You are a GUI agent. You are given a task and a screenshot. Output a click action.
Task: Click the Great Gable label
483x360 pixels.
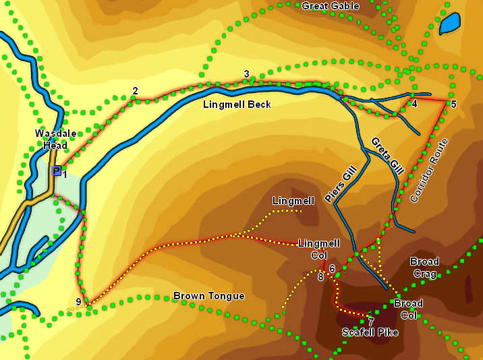pos(331,6)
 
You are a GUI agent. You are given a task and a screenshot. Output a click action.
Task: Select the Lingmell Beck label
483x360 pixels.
pos(237,104)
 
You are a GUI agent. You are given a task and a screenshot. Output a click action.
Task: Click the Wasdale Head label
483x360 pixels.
pos(51,139)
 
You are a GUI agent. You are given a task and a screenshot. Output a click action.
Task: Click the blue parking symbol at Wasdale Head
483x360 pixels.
pos(56,171)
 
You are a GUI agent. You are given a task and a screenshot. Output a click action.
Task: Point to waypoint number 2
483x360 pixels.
pos(135,91)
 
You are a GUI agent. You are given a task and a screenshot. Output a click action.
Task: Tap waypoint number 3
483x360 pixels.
pos(247,74)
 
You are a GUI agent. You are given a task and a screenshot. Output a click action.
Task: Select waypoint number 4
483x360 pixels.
pos(414,104)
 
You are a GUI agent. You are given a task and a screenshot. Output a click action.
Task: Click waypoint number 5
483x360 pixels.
pos(453,104)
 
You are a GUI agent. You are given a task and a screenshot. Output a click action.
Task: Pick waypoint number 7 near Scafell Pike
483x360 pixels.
pos(371,320)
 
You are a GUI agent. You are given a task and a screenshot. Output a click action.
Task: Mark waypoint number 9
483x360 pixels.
pos(79,302)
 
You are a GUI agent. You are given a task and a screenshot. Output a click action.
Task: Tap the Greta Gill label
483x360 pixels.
pos(387,156)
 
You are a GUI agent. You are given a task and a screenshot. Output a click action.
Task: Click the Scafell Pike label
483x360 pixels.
pos(370,332)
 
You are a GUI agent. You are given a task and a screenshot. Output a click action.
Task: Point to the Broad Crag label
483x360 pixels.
pos(424,268)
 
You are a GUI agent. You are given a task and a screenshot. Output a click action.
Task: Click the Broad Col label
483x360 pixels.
pos(408,309)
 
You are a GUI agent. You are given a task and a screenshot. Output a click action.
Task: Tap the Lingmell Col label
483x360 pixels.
pos(319,249)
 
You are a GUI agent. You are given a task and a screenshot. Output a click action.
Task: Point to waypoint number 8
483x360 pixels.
pos(320,276)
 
